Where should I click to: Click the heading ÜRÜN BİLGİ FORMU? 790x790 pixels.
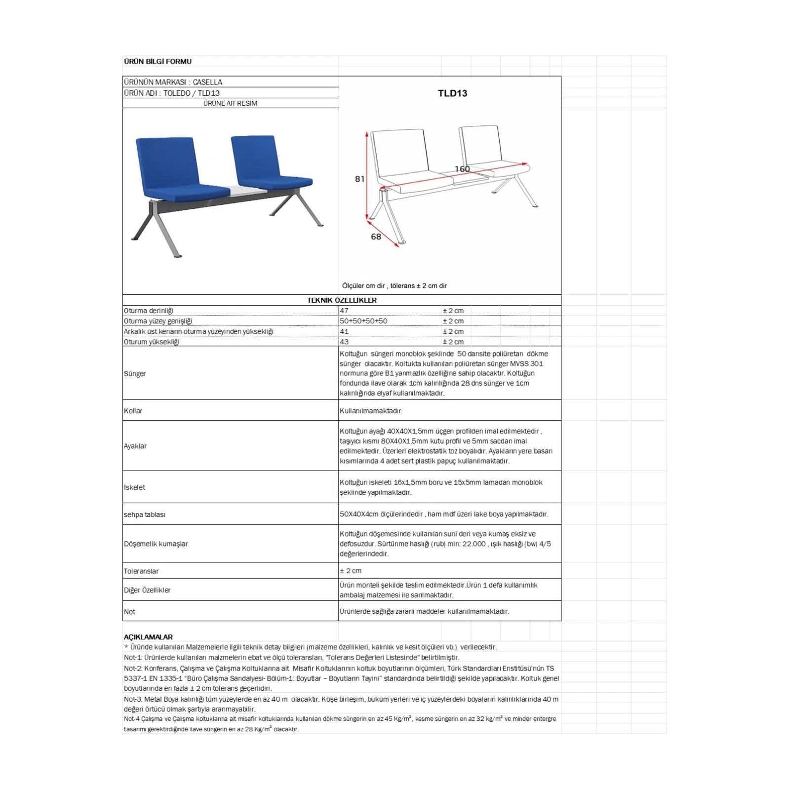click(158, 61)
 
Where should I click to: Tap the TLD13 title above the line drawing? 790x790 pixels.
click(452, 93)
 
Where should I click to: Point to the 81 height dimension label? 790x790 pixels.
click(359, 179)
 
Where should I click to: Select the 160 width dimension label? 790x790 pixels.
click(462, 169)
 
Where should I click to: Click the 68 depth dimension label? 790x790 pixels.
click(376, 237)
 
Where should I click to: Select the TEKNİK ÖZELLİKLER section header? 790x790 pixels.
click(342, 300)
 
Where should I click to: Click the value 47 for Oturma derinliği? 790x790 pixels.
click(344, 311)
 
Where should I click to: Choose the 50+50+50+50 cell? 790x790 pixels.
click(363, 321)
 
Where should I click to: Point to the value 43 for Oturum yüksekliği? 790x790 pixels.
click(344, 342)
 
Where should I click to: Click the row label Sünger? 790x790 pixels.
click(135, 373)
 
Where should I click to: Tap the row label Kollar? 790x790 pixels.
click(133, 411)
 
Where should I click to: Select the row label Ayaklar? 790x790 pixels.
click(135, 446)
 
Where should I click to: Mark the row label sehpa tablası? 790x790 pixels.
click(145, 514)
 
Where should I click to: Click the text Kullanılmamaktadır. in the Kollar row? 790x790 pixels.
click(371, 411)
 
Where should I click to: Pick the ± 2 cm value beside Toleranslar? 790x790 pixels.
click(351, 571)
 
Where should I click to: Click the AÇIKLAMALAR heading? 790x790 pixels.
click(148, 637)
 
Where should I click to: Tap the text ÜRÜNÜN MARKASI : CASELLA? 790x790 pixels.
click(173, 82)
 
